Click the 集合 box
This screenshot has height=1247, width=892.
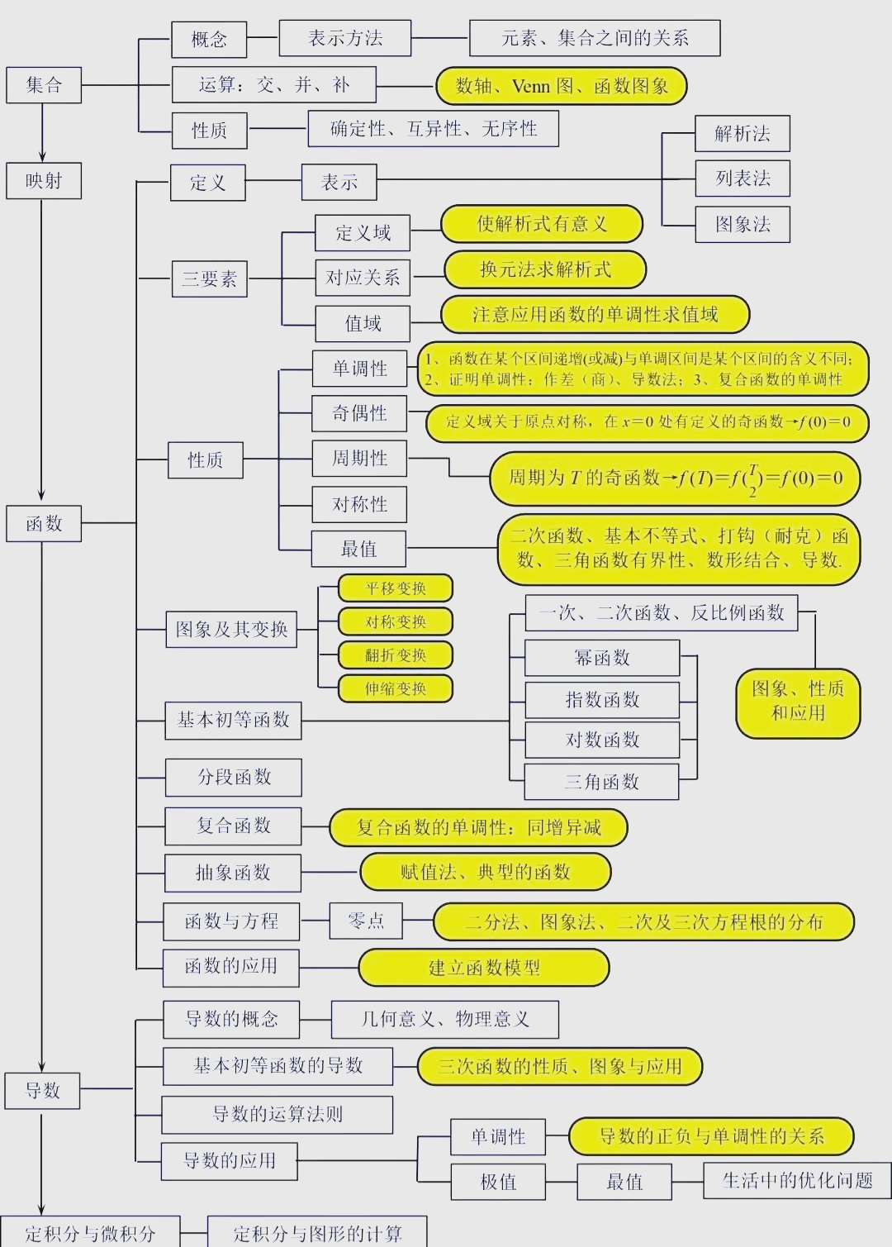(44, 85)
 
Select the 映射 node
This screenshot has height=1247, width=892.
(44, 181)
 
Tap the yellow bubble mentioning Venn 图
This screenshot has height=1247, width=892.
(562, 86)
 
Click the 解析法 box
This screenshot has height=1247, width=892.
(743, 134)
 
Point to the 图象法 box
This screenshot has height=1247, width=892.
(743, 224)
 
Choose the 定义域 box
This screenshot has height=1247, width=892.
(363, 233)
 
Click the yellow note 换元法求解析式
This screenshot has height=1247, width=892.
(545, 269)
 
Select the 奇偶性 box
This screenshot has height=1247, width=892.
(359, 413)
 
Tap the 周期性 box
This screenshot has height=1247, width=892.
(359, 458)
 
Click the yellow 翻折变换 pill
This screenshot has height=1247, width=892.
(395, 655)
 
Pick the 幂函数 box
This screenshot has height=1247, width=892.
(602, 658)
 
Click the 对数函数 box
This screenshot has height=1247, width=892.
(602, 740)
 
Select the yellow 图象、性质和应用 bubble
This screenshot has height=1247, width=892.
(798, 704)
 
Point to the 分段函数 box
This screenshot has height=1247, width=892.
(234, 777)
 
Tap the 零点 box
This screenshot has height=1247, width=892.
(366, 921)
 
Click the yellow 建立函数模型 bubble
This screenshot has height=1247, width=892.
(484, 968)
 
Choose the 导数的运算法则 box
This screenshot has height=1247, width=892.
(278, 1115)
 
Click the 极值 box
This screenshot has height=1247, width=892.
(498, 1182)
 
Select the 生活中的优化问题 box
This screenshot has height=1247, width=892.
(797, 1180)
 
